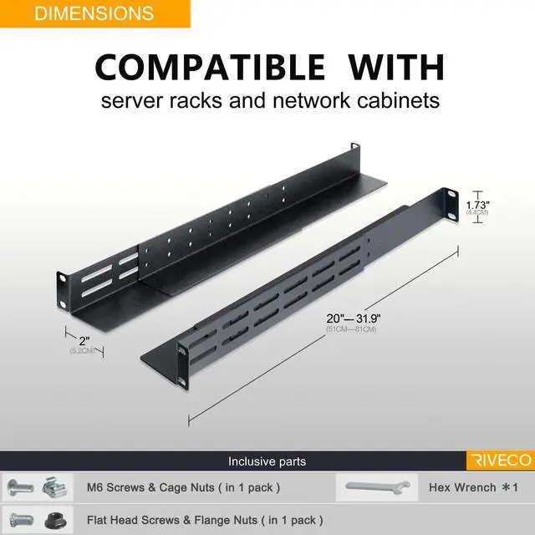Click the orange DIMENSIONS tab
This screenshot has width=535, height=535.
click(x=95, y=13)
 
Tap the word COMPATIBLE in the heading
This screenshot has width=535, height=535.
click(x=210, y=66)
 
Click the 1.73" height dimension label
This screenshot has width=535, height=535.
click(x=478, y=204)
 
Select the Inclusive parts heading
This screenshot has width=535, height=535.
click(x=267, y=461)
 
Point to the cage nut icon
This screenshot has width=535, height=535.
click(x=49, y=487)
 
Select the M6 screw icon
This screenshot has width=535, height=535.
click(x=22, y=487)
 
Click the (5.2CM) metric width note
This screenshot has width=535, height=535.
click(x=82, y=351)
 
